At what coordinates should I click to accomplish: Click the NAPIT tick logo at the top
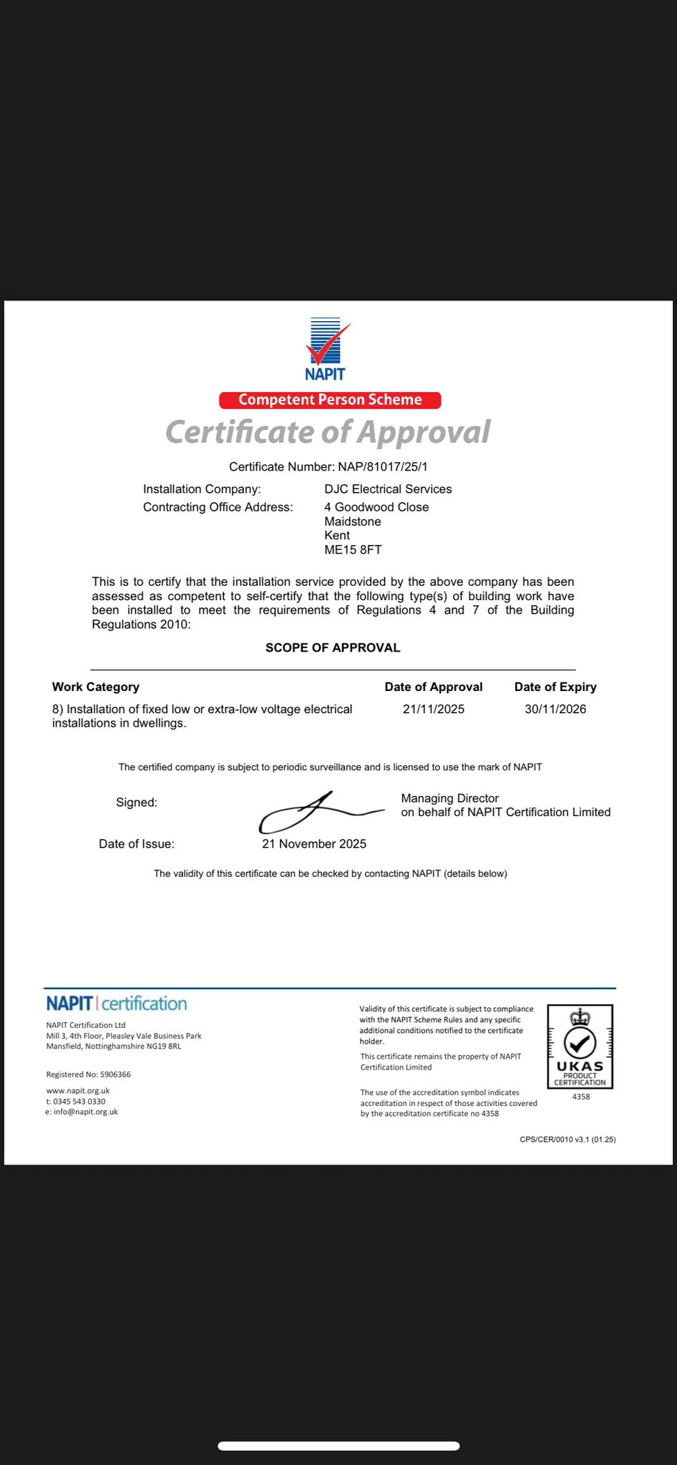pos(326,348)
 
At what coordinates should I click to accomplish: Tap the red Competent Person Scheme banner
pos(330,400)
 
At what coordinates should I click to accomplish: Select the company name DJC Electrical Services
pos(388,489)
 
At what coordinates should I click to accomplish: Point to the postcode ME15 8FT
pos(353,550)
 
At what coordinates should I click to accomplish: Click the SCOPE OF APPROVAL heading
pos(333,648)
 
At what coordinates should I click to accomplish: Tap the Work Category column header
pos(96,687)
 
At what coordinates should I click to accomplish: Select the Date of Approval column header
pos(434,687)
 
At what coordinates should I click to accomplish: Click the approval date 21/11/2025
pos(434,710)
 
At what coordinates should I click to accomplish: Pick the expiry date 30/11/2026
pos(555,710)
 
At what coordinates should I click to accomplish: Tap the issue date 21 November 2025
pos(314,844)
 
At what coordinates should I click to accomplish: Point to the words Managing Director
pos(450,798)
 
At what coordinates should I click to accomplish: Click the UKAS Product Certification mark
pos(580,1047)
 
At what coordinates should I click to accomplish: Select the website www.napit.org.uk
pos(78,1091)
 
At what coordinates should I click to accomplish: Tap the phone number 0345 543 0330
pos(79,1102)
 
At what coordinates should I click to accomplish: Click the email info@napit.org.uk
pos(85,1112)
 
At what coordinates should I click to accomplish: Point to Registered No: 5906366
pos(89,1074)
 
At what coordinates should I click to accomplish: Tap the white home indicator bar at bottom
pos(338,1446)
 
